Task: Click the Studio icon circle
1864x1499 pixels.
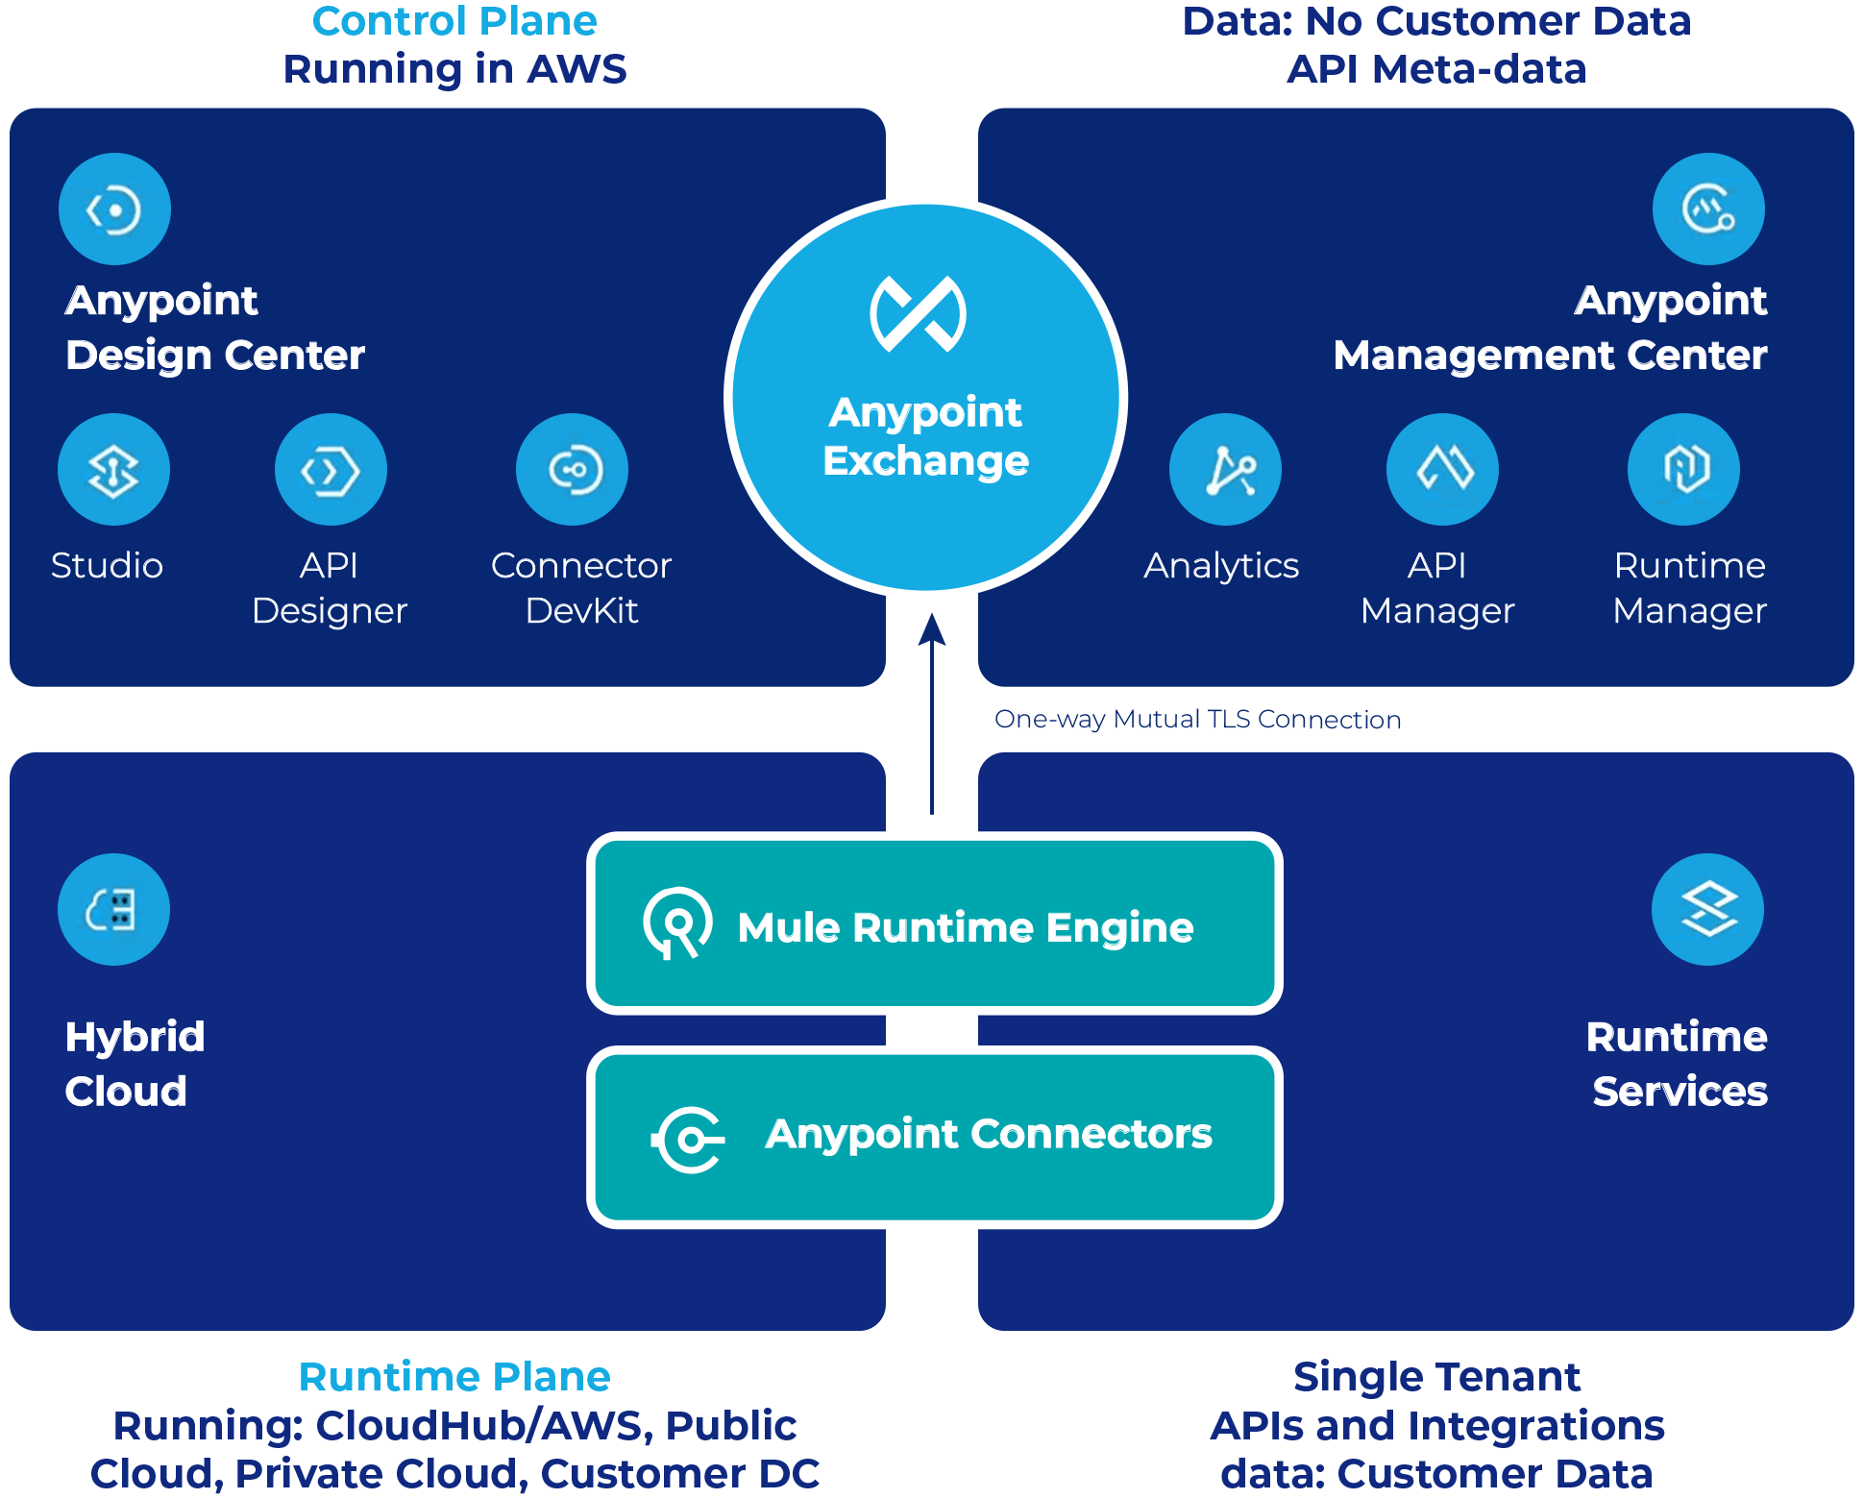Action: [x=113, y=469]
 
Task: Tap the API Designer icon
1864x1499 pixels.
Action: [x=331, y=469]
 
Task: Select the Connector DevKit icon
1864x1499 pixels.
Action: [x=572, y=469]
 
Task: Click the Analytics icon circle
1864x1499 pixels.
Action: [x=1225, y=469]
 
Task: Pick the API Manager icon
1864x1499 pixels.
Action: [x=1442, y=469]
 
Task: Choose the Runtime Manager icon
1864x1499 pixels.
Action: [x=1683, y=469]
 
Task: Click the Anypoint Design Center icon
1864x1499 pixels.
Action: [x=114, y=209]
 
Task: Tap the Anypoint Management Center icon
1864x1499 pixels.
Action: [x=1708, y=209]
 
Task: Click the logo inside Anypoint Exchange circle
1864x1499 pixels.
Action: [x=919, y=314]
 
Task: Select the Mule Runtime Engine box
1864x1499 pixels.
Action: [x=935, y=923]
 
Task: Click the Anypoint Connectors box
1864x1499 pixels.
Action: [x=935, y=1137]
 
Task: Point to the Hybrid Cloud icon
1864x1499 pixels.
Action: [x=113, y=909]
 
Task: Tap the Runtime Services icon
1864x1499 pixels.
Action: [x=1707, y=909]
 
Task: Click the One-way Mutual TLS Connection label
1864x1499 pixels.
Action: [x=1197, y=719]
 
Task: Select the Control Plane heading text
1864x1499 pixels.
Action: [x=454, y=21]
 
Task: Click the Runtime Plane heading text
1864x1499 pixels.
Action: [x=454, y=1376]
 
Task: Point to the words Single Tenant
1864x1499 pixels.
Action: [x=1436, y=1376]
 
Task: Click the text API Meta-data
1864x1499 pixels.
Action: [x=1436, y=69]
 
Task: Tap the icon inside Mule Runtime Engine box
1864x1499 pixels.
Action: [x=677, y=923]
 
